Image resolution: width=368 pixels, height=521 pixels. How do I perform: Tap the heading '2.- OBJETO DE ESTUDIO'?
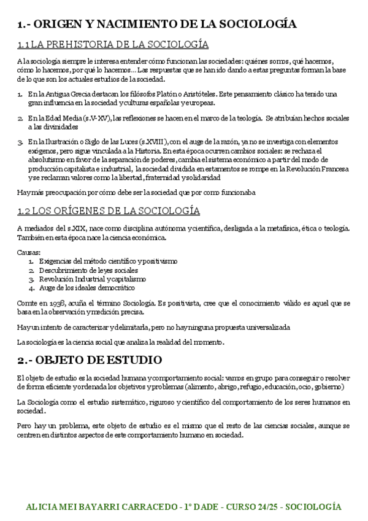(90, 359)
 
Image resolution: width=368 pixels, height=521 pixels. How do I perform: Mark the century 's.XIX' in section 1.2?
(75, 229)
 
